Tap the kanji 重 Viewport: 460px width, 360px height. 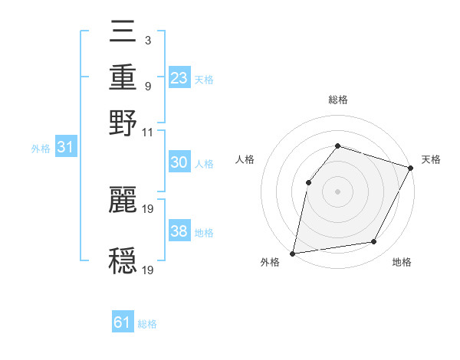(x=123, y=78)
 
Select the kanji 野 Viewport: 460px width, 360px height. (x=123, y=122)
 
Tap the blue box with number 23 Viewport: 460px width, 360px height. (x=179, y=77)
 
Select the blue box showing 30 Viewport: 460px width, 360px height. (x=179, y=162)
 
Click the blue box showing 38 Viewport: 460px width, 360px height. (x=179, y=231)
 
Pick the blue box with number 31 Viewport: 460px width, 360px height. (x=65, y=148)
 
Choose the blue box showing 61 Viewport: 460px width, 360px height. (x=123, y=322)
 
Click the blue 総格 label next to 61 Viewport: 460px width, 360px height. (x=147, y=324)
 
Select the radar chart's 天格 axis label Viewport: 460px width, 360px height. (x=431, y=159)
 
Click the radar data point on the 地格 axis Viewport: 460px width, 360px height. (x=374, y=242)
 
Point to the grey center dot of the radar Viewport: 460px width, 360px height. (x=337, y=191)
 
